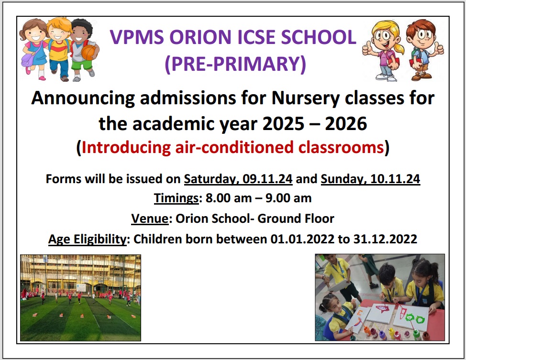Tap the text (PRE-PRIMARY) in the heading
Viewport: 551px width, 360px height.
click(x=235, y=64)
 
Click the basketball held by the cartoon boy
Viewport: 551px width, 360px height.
click(x=89, y=52)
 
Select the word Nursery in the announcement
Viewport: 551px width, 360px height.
click(x=306, y=98)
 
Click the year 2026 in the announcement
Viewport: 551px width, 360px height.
click(x=346, y=124)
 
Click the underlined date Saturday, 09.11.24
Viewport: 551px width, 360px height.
click(x=238, y=179)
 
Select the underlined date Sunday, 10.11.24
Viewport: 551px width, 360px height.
click(x=370, y=179)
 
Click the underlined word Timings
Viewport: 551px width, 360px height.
click(x=176, y=198)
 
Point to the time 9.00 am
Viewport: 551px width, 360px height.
click(x=288, y=198)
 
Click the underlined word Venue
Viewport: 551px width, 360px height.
click(x=150, y=218)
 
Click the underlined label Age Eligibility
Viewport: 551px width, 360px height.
click(x=88, y=240)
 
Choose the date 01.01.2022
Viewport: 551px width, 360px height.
click(x=302, y=239)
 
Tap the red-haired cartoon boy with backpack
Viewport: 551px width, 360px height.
click(x=425, y=50)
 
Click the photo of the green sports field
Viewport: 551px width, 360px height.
click(x=80, y=298)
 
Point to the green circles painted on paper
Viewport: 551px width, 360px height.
click(x=415, y=319)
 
